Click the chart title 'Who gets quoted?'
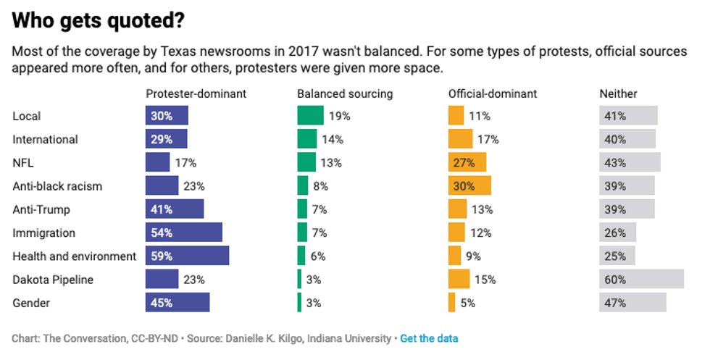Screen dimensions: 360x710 (x=98, y=22)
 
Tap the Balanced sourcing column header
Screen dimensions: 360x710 (x=345, y=93)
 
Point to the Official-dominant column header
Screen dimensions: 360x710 (x=493, y=93)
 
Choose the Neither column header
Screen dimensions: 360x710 (x=618, y=93)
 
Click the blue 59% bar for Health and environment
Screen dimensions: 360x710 (x=188, y=256)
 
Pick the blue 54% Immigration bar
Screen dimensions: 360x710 (x=184, y=233)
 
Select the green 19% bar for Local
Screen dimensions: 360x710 (x=310, y=116)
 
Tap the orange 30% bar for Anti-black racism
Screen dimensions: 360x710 (x=469, y=186)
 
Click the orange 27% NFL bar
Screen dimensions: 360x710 (x=467, y=163)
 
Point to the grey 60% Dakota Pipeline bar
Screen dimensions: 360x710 (x=641, y=280)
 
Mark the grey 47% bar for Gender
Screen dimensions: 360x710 (x=632, y=303)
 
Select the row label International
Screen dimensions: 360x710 (x=46, y=139)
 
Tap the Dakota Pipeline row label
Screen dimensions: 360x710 (x=53, y=280)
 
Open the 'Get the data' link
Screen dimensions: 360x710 (x=429, y=338)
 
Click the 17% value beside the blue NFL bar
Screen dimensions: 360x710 (x=185, y=163)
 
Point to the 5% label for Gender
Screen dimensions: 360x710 (x=467, y=303)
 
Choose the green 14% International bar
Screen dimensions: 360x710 (x=307, y=139)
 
